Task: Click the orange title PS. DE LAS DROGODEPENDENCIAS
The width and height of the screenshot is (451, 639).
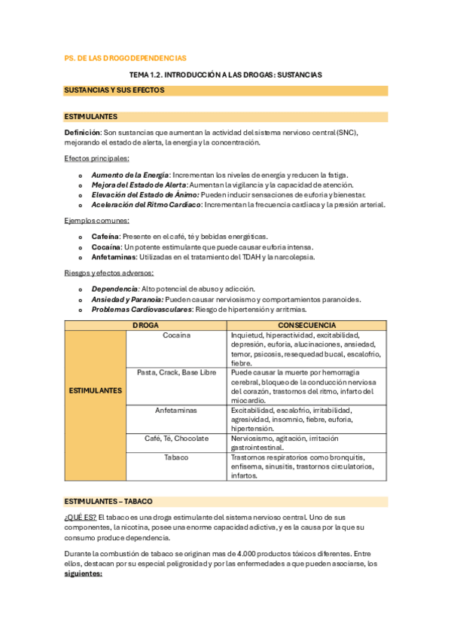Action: point(126,58)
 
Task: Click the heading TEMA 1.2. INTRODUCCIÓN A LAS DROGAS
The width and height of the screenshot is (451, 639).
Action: point(225,75)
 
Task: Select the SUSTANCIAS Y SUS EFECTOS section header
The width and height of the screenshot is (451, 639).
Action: point(114,90)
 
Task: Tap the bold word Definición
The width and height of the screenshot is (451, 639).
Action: point(83,133)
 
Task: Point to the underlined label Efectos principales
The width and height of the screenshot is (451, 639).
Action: point(97,158)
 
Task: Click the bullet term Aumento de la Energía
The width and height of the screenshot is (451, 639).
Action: point(130,175)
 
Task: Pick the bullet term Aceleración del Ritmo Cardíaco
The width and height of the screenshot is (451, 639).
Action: point(147,204)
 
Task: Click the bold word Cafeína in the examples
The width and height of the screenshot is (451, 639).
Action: point(106,237)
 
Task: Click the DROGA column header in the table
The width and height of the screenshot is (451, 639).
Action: point(145,325)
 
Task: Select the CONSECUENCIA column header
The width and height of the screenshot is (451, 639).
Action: point(306,325)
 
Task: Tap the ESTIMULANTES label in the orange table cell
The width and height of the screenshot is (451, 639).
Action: point(96,390)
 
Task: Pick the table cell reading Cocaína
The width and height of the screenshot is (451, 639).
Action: point(176,335)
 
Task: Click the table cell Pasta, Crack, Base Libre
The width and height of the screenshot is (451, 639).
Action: point(176,372)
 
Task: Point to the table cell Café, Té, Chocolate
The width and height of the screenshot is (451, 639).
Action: point(176,438)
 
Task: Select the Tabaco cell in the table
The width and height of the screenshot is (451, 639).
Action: point(176,457)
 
